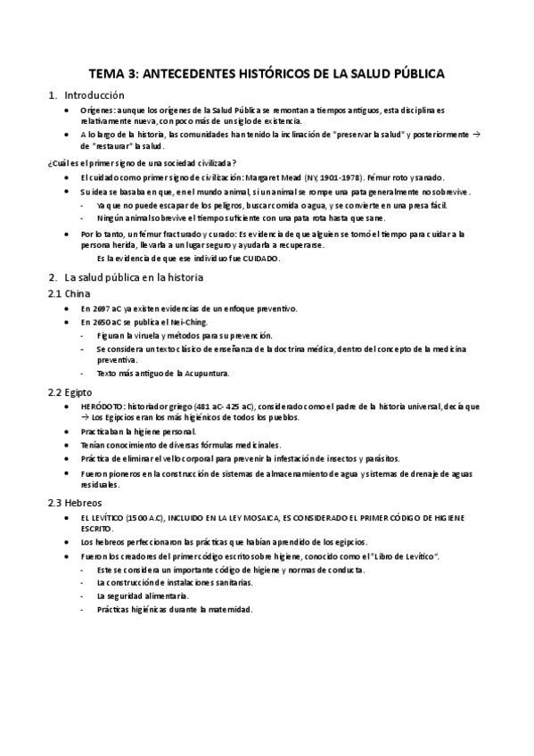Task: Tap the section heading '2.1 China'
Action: click(67, 293)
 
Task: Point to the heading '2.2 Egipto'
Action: click(70, 391)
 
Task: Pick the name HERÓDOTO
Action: click(100, 406)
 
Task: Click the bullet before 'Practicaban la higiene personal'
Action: click(69, 431)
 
